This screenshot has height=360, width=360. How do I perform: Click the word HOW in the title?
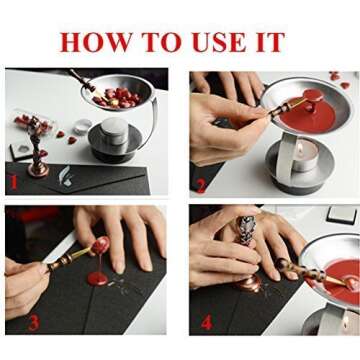97,42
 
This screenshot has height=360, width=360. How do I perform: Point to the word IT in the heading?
269,42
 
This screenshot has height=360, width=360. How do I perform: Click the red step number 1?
13,183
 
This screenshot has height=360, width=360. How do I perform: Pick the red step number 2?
201,186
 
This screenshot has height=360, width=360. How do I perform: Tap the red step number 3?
34,322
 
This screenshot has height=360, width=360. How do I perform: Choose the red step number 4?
207,323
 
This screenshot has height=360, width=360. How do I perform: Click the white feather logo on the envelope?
65,175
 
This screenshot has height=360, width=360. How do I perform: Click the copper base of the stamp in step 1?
38,169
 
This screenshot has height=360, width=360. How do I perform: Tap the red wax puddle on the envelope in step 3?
97,278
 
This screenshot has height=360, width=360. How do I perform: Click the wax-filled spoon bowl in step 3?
100,245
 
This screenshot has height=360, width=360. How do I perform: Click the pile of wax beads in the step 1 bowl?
117,97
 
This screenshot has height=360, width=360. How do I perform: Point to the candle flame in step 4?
347,323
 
